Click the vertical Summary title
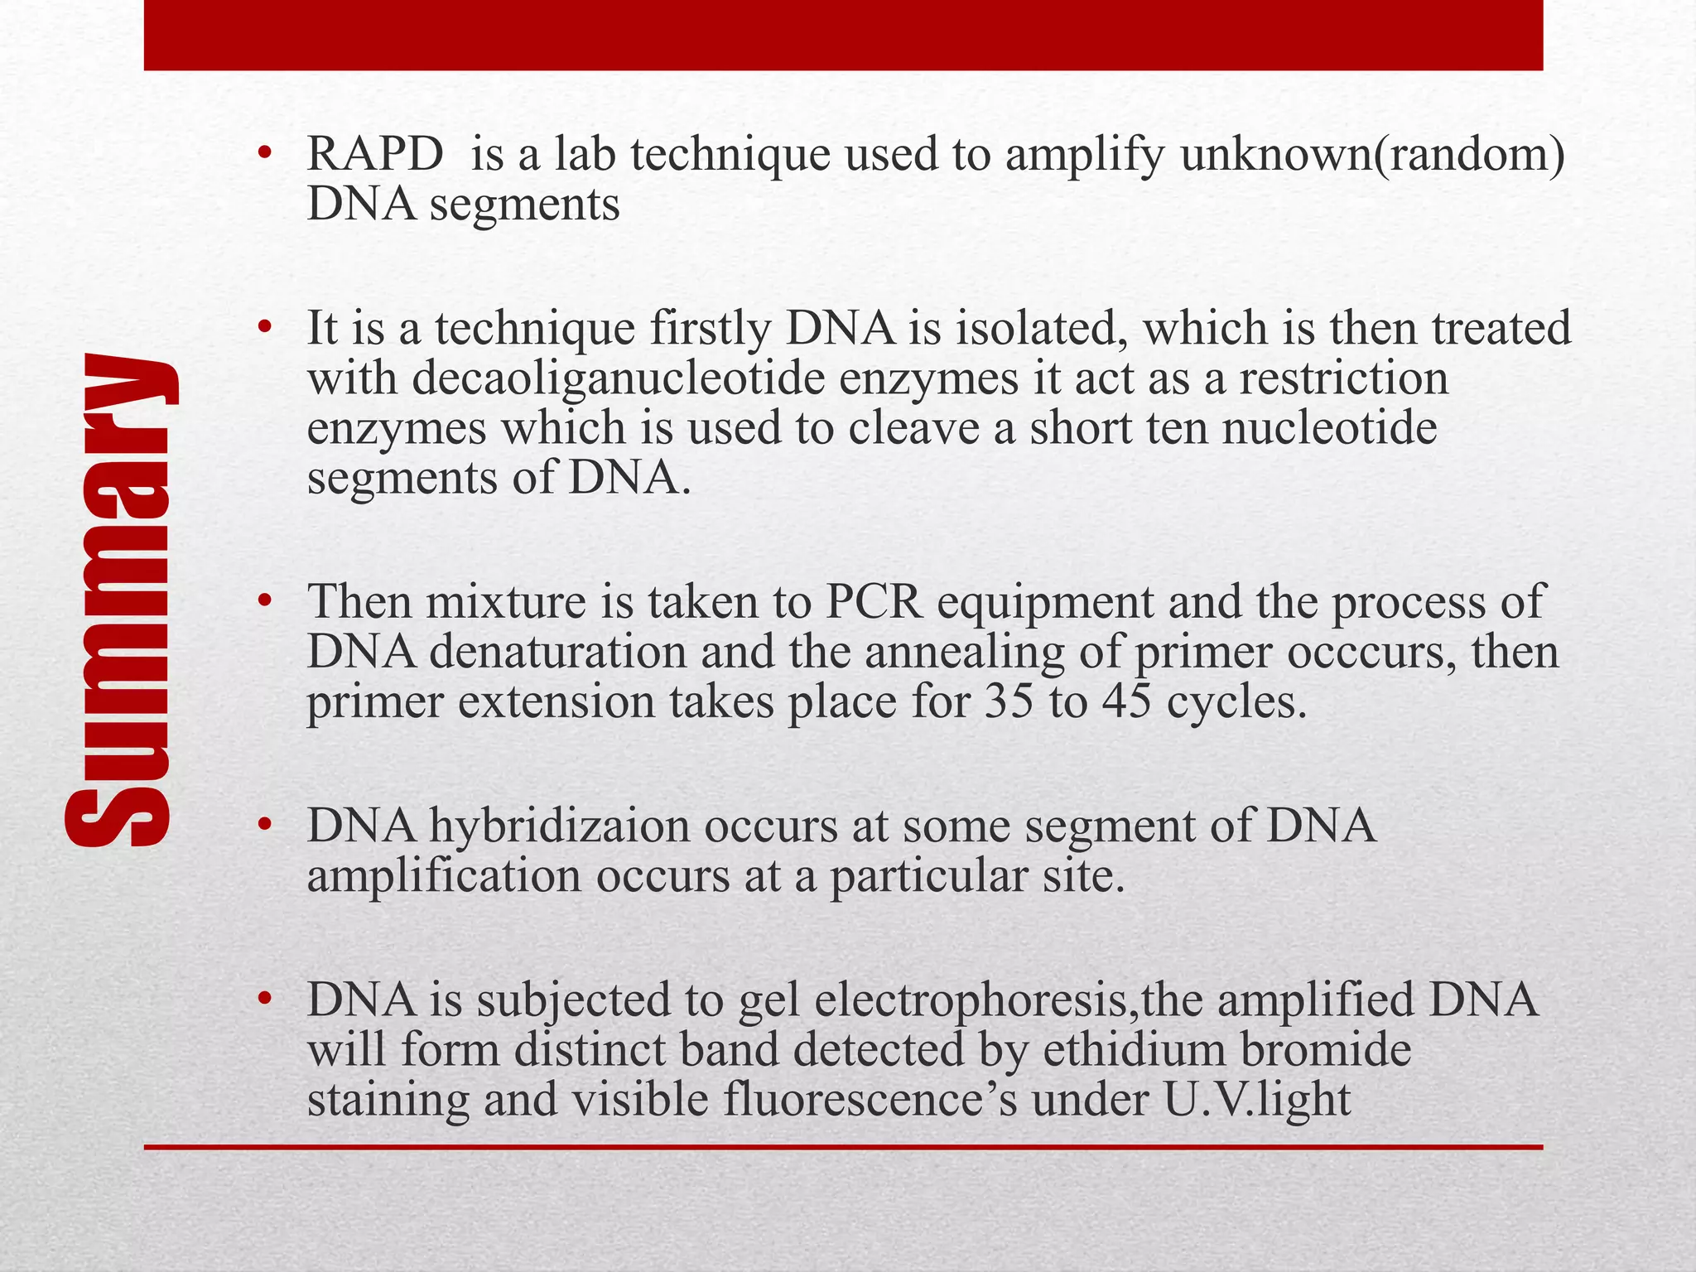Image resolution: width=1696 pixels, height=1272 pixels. coord(120,601)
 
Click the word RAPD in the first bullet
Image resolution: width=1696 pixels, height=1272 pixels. coord(374,155)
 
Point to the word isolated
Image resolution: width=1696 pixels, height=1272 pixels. coord(1043,328)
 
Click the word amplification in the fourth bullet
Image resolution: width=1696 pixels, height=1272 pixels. coord(444,876)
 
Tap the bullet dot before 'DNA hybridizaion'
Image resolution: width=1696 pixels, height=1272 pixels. coord(264,825)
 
